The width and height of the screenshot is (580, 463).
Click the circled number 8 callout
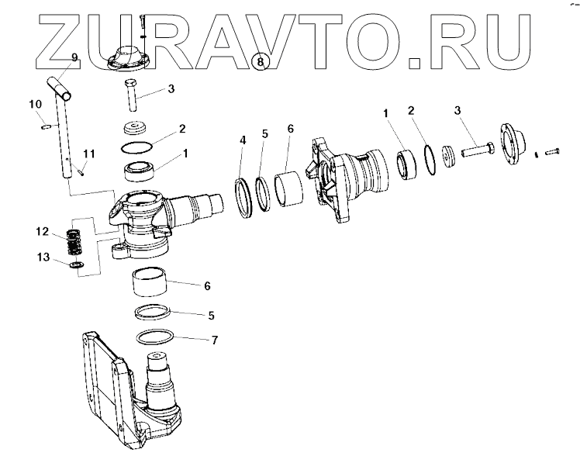[261, 60]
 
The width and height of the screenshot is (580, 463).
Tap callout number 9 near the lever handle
[74, 57]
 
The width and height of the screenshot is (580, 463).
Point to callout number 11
[89, 154]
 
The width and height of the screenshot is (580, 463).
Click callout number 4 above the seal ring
[243, 140]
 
